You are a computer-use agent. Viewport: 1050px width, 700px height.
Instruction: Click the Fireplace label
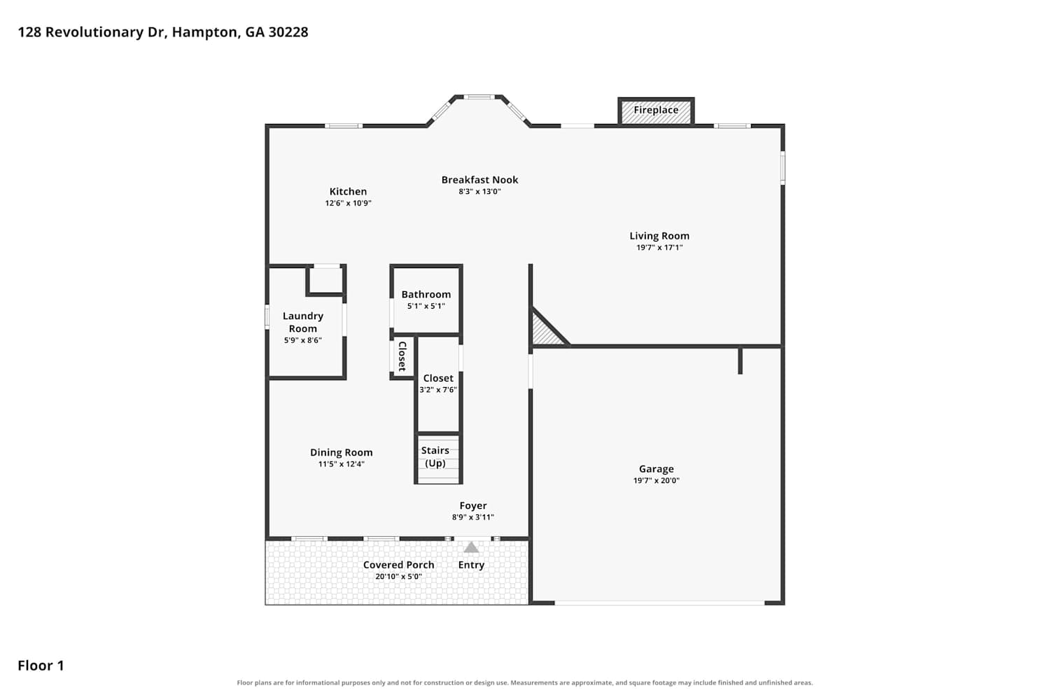click(x=656, y=110)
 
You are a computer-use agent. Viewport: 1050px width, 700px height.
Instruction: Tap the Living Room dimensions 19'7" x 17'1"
click(x=659, y=248)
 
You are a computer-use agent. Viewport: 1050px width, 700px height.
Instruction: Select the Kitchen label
click(x=348, y=191)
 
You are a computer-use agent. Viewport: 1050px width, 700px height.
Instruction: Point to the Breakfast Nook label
click(x=479, y=180)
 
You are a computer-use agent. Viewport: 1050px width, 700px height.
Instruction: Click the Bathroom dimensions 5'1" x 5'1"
click(x=426, y=306)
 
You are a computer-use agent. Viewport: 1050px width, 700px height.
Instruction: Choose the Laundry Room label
click(x=303, y=322)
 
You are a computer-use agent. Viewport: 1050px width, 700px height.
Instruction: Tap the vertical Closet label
click(x=402, y=356)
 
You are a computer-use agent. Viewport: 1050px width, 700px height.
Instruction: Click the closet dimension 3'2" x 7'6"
click(x=437, y=390)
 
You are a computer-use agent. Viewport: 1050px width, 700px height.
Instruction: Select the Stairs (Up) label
click(x=435, y=456)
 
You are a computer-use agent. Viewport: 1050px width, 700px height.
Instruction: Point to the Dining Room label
click(x=342, y=452)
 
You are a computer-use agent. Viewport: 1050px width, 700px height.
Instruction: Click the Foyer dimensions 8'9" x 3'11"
click(x=473, y=517)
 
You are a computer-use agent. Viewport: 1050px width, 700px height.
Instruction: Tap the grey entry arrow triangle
click(x=471, y=547)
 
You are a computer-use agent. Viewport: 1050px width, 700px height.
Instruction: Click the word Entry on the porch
click(x=471, y=565)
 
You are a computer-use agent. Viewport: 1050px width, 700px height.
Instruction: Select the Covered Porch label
click(x=398, y=565)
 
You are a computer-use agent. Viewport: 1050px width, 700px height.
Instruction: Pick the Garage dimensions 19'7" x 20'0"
click(x=657, y=480)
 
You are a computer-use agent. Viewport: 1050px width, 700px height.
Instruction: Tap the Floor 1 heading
click(x=41, y=665)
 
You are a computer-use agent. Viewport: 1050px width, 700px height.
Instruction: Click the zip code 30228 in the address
click(x=288, y=32)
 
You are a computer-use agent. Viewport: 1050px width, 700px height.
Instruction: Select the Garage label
click(x=657, y=469)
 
